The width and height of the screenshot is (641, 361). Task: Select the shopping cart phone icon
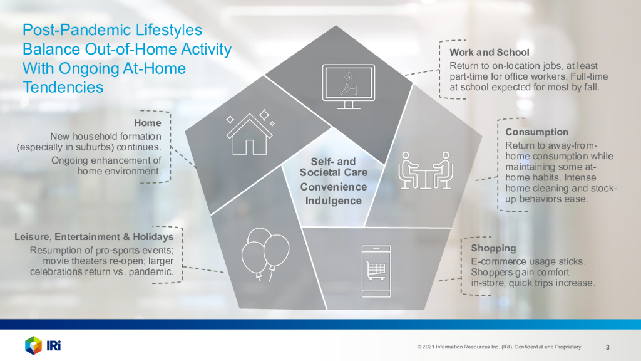coord(376,271)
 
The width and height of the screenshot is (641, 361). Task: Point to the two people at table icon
coord(426,170)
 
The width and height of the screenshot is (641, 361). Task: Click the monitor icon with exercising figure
coord(348,86)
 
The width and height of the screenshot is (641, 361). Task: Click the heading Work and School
coord(490,53)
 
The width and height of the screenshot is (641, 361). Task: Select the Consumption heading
coord(536,132)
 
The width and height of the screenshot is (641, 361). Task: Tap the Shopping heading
coord(493,248)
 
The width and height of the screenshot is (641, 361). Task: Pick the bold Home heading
coord(148,123)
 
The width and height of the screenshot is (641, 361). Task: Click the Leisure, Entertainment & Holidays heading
coord(94,237)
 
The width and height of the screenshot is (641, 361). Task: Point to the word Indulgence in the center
coord(334,201)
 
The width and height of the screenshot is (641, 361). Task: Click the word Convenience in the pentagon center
coord(334,187)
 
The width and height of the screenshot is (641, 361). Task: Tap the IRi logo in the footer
coord(43,346)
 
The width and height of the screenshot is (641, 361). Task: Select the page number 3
coord(607,347)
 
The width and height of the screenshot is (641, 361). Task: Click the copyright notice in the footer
coord(500,347)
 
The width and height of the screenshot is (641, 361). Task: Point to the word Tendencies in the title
coord(63,87)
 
